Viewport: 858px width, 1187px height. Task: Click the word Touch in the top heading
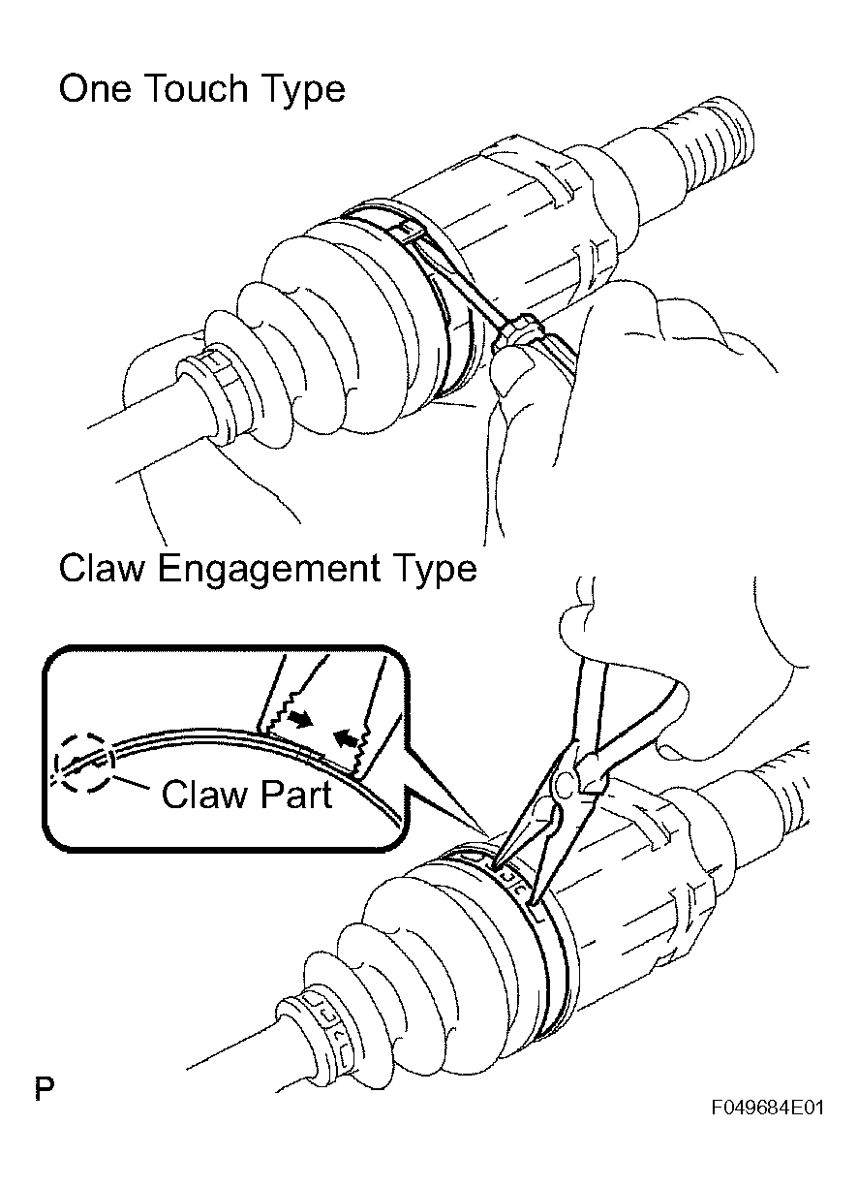coord(196,88)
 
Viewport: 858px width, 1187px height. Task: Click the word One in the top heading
coord(94,88)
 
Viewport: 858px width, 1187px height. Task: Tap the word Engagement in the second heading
coord(269,569)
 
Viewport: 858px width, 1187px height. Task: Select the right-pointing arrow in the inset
coord(299,720)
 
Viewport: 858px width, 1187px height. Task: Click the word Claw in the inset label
coord(201,794)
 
